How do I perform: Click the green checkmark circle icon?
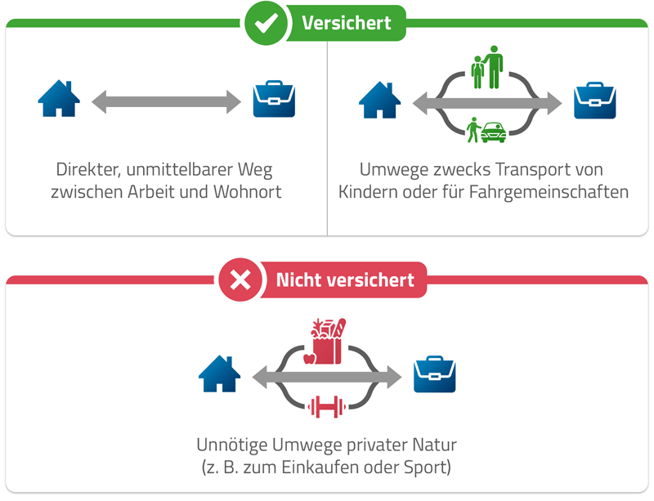[266, 24]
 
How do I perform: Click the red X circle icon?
[240, 281]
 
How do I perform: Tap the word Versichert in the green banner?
[346, 24]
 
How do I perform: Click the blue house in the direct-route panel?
[59, 100]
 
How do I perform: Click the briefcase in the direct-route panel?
[274, 100]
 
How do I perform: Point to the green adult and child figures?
[487, 68]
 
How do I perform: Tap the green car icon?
[493, 131]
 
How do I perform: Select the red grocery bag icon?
[327, 342]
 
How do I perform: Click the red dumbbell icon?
[327, 406]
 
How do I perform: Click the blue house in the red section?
[219, 374]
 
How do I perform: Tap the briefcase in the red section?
[434, 374]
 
